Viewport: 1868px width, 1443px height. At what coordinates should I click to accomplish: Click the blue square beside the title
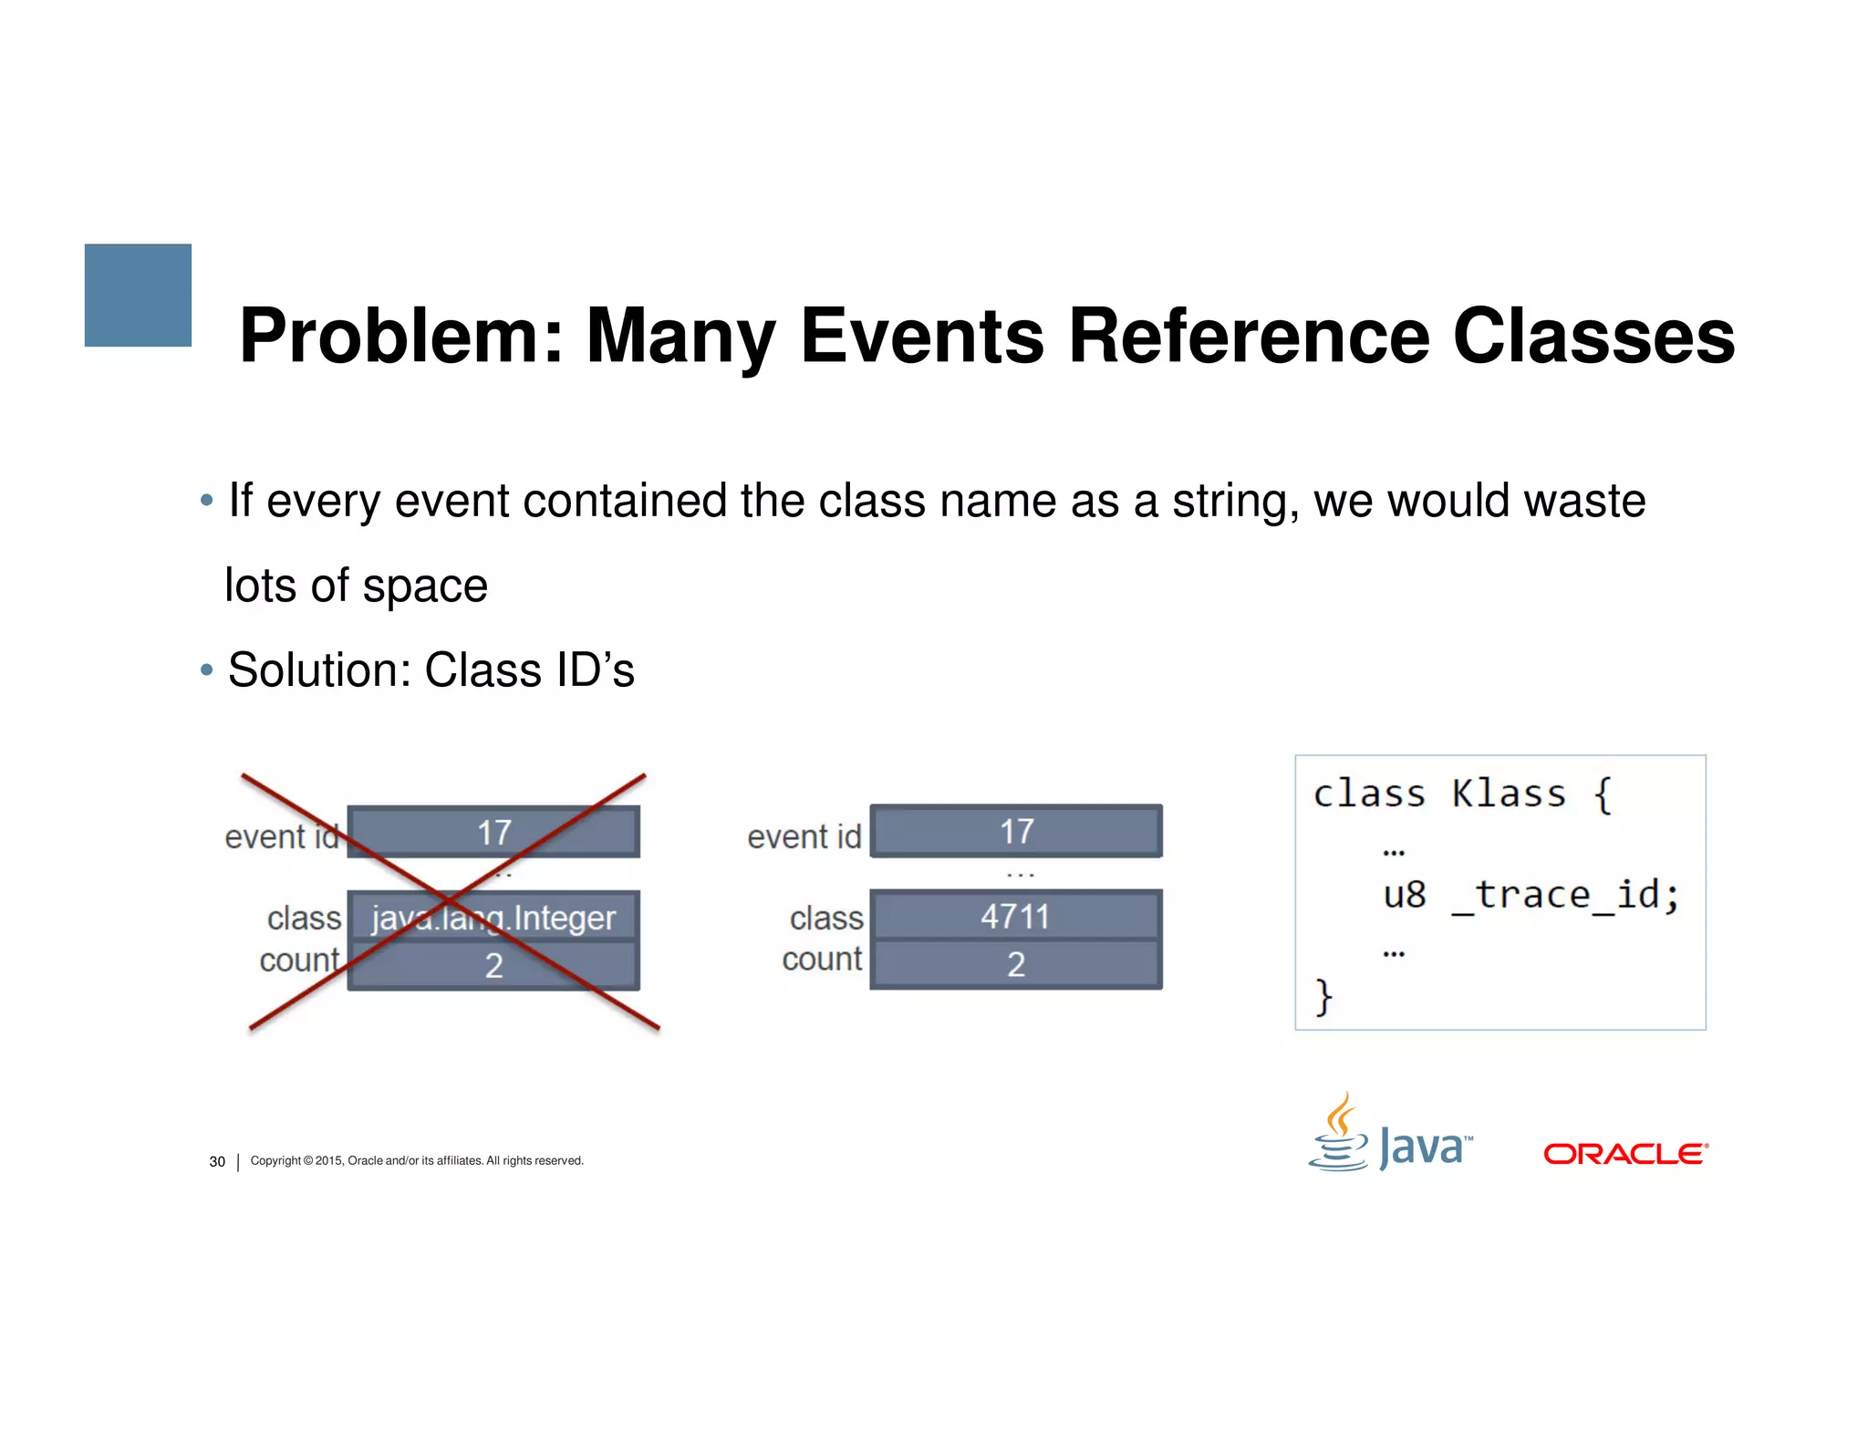(138, 295)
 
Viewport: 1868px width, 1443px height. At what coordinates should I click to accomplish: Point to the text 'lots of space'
(356, 586)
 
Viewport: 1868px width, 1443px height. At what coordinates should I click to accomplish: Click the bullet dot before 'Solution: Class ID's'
(207, 670)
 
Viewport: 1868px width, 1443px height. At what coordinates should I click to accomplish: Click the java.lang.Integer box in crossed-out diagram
(493, 918)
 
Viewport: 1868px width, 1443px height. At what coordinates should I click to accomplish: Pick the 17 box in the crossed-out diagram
(493, 832)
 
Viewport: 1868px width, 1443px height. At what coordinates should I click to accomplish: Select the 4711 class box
(1015, 916)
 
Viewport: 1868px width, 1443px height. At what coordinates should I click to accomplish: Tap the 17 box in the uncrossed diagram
(1016, 831)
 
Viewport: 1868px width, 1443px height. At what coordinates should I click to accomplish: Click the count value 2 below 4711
(1016, 964)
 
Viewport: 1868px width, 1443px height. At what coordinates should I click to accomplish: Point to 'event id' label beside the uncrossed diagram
(804, 836)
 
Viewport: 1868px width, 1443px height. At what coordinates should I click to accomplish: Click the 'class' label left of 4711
(826, 918)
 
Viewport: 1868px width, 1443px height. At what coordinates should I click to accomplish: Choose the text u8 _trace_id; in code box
(1531, 895)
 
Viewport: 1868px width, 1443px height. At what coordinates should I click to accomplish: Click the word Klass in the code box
(1509, 794)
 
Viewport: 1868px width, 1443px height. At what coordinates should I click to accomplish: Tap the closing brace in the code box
(1323, 996)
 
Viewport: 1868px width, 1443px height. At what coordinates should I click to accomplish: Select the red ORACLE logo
(1625, 1154)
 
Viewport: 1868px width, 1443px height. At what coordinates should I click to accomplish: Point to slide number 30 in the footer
(217, 1161)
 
